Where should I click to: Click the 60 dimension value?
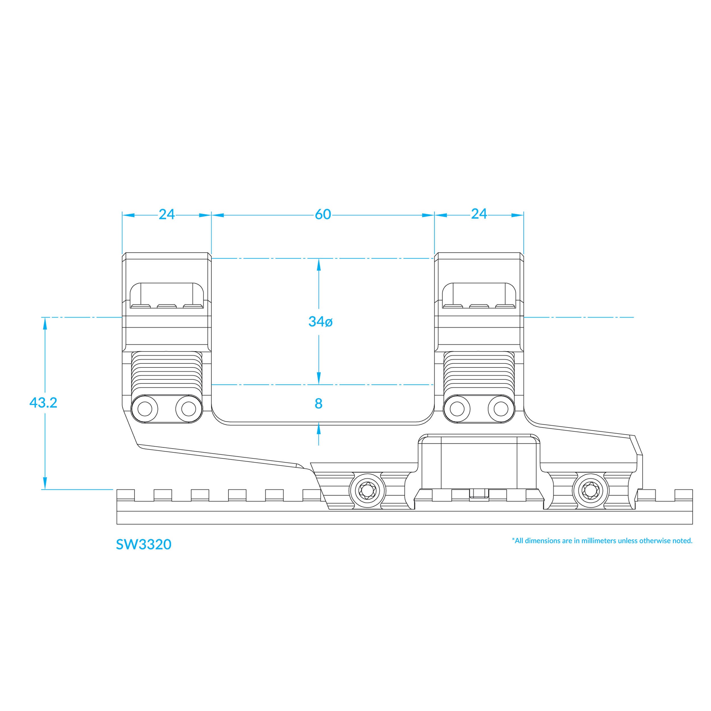(x=323, y=214)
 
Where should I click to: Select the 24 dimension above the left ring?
(x=166, y=214)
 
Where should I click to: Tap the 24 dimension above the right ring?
(x=479, y=214)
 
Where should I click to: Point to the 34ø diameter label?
(x=321, y=322)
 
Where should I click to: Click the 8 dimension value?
(x=319, y=404)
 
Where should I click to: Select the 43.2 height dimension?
(x=44, y=403)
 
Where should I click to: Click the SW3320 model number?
(x=144, y=545)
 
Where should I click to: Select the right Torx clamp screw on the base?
(x=590, y=491)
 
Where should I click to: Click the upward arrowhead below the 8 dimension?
(x=319, y=429)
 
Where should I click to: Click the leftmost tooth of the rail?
(x=125, y=495)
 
